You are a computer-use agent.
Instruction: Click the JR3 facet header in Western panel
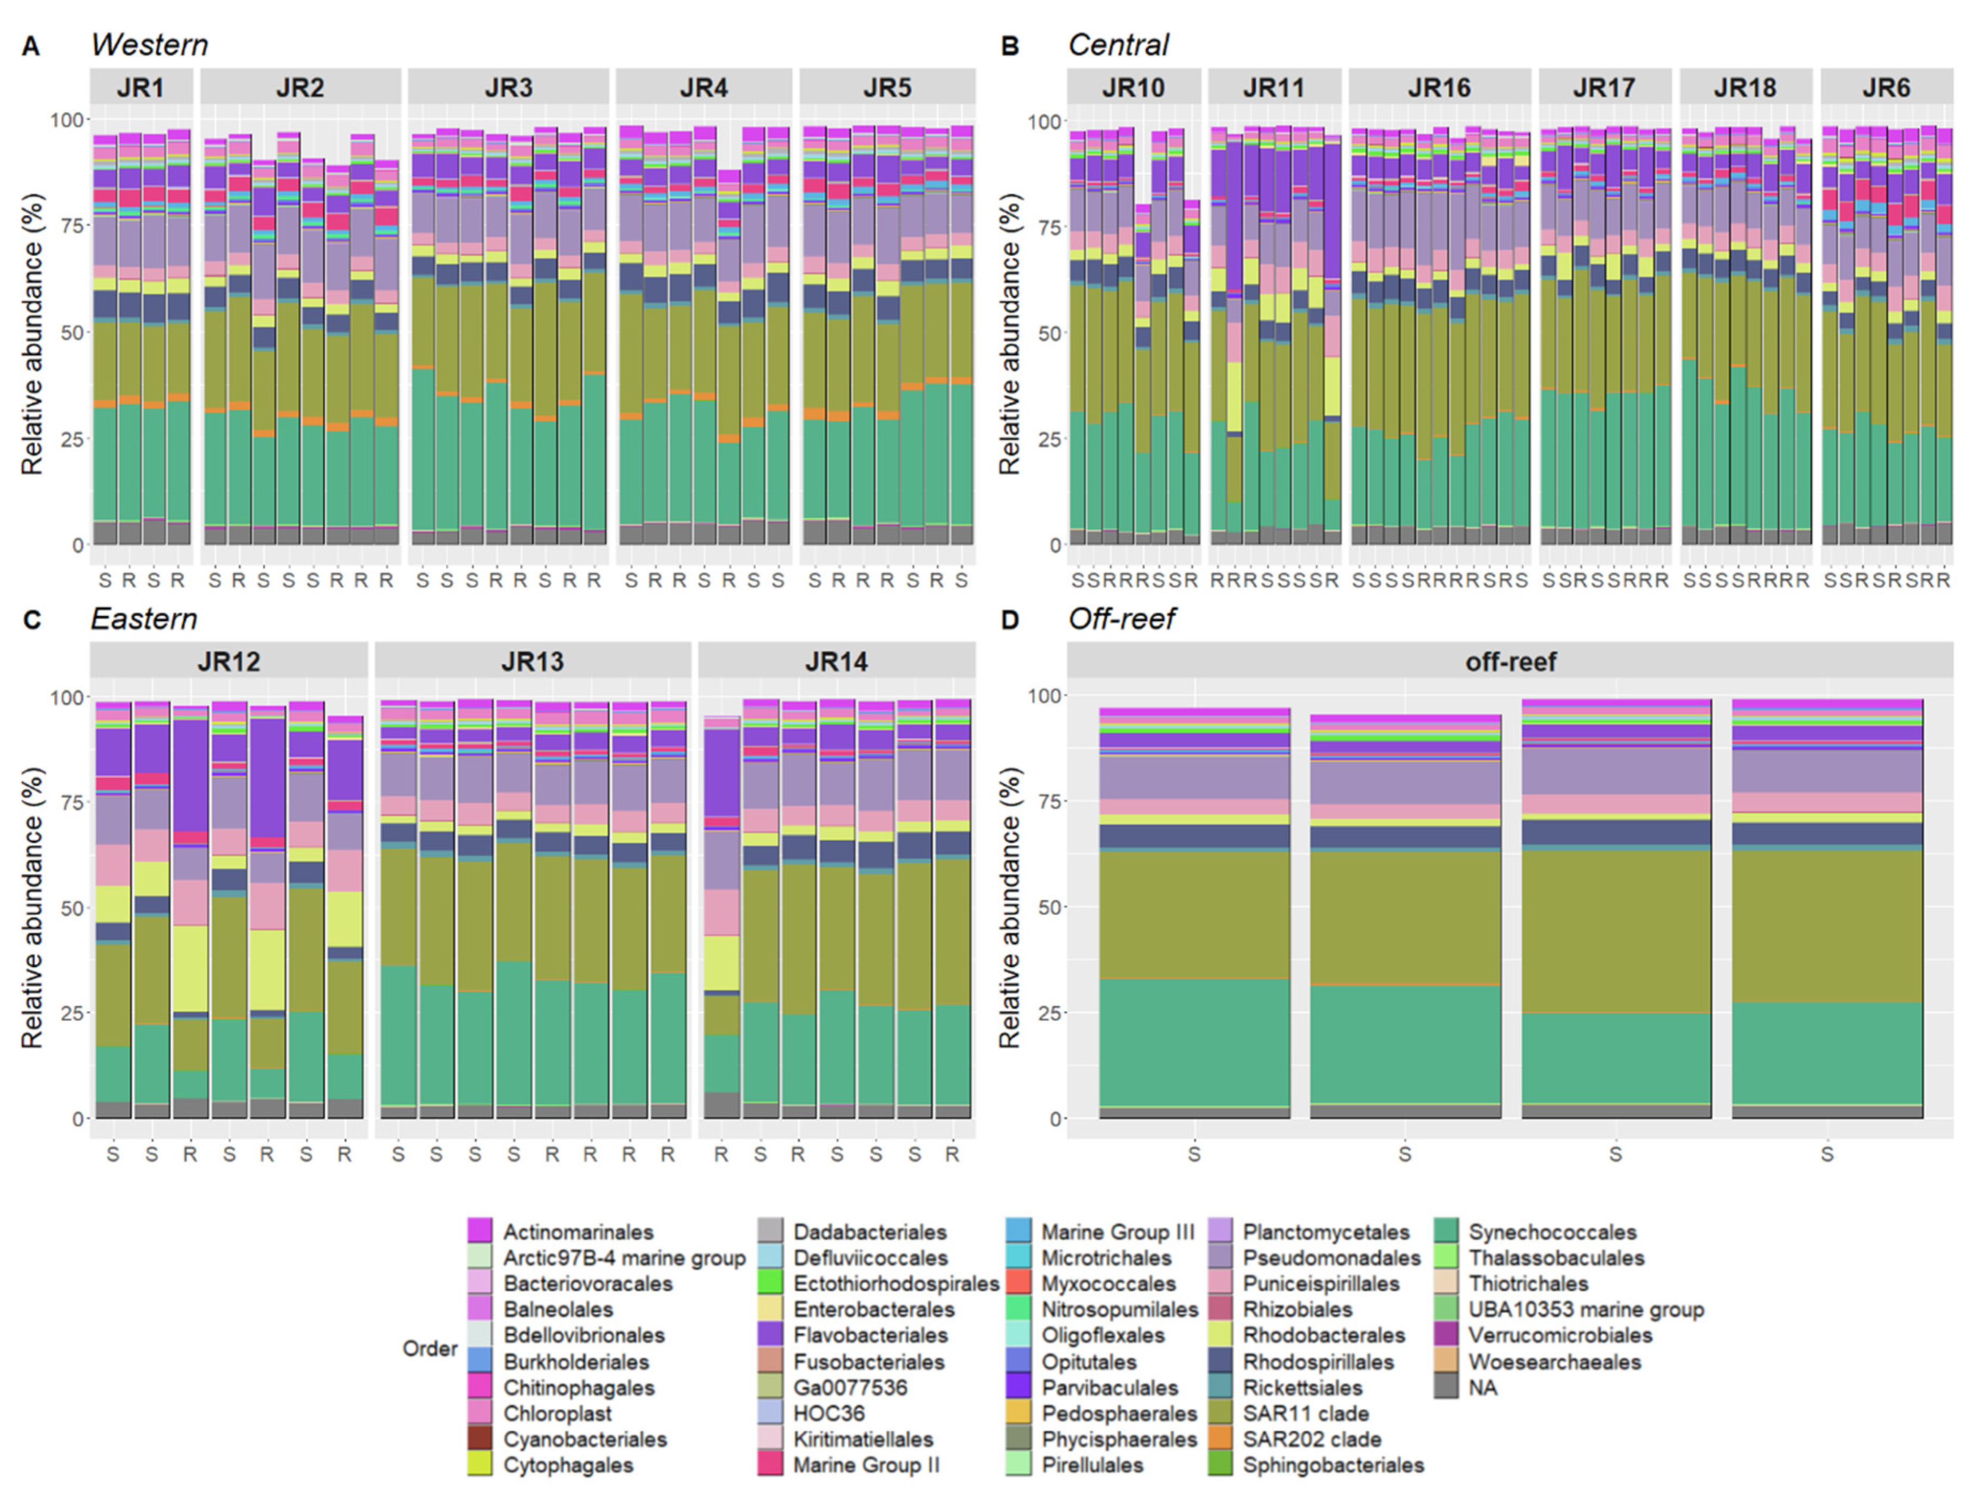click(x=508, y=87)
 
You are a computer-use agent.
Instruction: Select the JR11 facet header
click(x=1273, y=87)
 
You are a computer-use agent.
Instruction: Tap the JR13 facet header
click(x=532, y=662)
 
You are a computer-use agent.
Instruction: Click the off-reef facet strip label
click(x=1510, y=662)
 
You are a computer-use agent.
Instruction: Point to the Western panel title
click(x=149, y=45)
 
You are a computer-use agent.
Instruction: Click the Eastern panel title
click(x=144, y=618)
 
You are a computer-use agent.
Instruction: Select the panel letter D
click(x=1009, y=619)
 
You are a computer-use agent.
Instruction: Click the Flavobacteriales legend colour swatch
click(x=769, y=1336)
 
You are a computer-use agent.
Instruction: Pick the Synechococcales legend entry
click(x=1552, y=1233)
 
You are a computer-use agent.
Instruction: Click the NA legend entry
click(x=1482, y=1388)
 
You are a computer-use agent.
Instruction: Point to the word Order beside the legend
click(x=430, y=1349)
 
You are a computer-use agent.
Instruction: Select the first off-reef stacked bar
click(x=1195, y=911)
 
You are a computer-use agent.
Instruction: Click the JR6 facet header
click(x=1886, y=87)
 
